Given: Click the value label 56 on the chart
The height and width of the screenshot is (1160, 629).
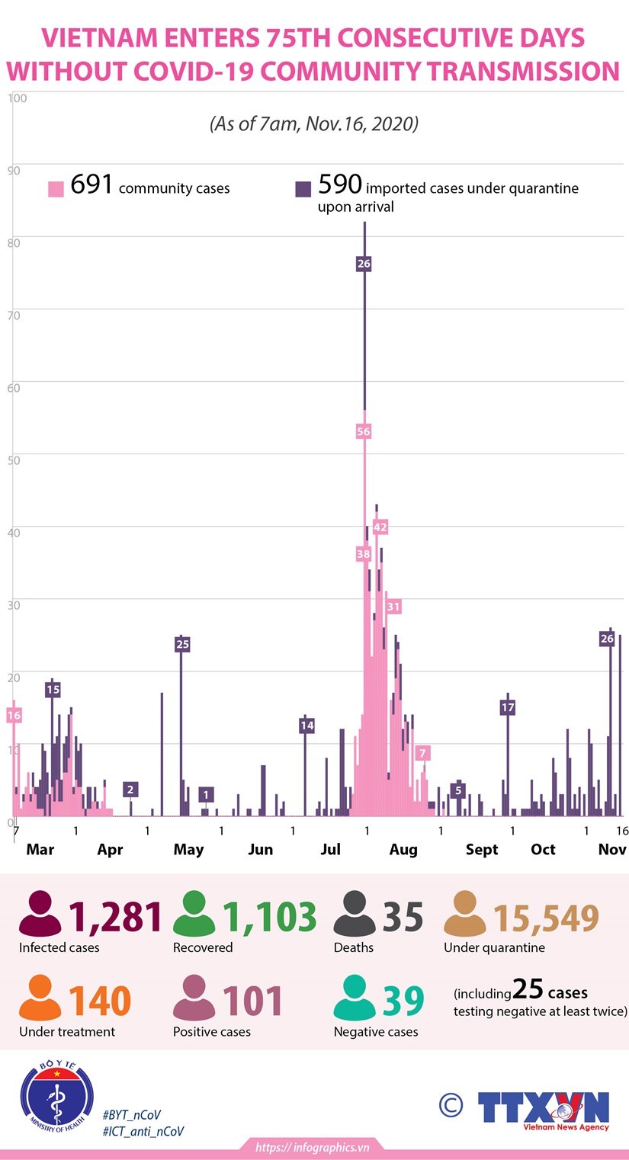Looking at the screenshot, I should tap(364, 431).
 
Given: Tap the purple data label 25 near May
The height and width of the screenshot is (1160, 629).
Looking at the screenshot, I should tap(182, 644).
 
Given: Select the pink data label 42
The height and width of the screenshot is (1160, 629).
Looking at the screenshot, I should tap(380, 527).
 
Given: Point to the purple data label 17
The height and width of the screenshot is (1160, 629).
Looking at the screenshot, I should tap(508, 707).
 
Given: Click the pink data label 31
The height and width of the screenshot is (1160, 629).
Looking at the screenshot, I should tap(393, 607).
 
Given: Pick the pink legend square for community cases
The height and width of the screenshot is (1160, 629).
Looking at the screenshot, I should tap(56, 188).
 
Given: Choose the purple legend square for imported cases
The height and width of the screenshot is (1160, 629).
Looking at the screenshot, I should tap(303, 188).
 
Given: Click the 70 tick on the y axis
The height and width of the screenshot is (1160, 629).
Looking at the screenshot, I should tap(14, 314).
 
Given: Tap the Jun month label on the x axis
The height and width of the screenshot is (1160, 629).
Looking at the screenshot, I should tap(260, 849).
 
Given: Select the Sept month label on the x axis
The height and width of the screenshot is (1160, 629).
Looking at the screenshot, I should tap(482, 849).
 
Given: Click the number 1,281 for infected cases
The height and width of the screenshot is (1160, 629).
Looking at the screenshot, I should tap(116, 918).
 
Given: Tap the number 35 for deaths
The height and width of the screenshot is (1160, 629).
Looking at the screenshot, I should tap(403, 918).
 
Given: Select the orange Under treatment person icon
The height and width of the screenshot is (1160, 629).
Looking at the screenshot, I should tap(40, 1000).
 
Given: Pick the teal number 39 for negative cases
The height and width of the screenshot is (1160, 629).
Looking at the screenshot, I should tap(403, 1001).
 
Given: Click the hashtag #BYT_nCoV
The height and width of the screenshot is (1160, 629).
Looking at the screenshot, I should tap(132, 1114).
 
